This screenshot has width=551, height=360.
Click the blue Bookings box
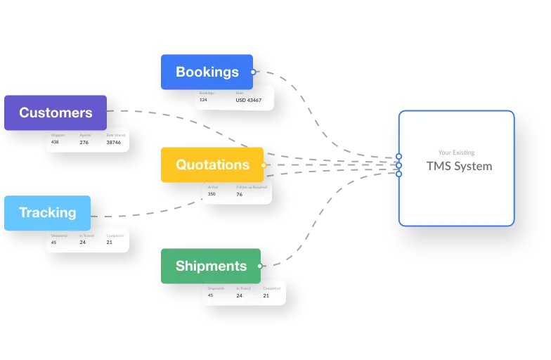click(x=207, y=72)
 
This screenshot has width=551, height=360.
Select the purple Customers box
click(x=56, y=112)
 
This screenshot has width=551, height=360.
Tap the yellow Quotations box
click(x=212, y=165)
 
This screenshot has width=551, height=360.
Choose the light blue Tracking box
click(x=47, y=213)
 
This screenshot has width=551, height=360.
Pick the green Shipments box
click(x=211, y=266)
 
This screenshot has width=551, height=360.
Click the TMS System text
click(x=459, y=167)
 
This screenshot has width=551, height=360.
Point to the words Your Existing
click(x=456, y=152)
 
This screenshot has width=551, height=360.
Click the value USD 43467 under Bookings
click(x=248, y=101)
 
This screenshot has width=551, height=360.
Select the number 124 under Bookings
click(x=203, y=100)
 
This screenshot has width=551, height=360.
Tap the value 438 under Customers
click(x=55, y=142)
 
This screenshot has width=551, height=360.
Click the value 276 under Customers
click(x=84, y=142)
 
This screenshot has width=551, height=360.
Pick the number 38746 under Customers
click(x=113, y=142)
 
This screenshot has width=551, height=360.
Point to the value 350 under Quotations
click(x=212, y=194)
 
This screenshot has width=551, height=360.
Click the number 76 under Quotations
click(x=239, y=194)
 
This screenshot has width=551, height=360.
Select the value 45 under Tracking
click(x=53, y=242)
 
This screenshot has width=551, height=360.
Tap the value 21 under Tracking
click(x=110, y=242)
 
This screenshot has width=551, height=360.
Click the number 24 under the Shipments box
click(x=239, y=295)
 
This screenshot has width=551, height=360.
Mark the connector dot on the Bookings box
click(x=253, y=72)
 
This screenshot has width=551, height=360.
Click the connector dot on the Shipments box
click(x=260, y=266)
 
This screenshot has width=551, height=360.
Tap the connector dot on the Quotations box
click(x=264, y=165)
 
